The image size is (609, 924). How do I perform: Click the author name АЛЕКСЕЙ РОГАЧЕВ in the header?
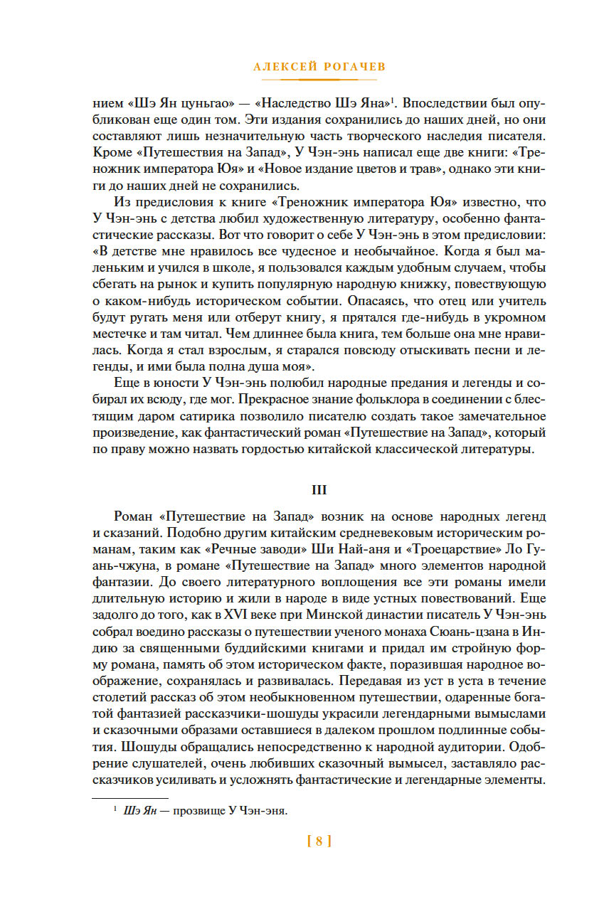pyautogui.click(x=319, y=67)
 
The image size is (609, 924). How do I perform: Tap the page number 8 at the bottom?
pyautogui.click(x=319, y=841)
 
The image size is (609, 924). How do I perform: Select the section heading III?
pyautogui.click(x=319, y=490)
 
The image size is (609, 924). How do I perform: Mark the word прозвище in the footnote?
pyautogui.click(x=208, y=811)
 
